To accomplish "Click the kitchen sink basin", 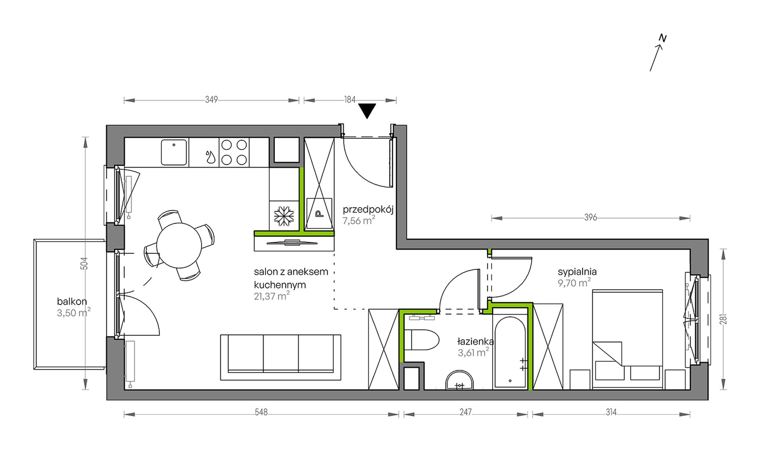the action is pos(174,152).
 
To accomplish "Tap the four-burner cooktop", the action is pos(234,152).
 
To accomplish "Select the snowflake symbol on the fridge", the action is pos(284,216).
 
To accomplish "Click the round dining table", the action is pos(179,245).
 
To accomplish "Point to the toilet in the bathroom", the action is pos(422,340).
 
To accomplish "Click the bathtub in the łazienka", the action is pos(510,352).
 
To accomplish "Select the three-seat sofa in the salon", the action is pos(280,357).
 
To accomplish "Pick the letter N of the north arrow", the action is pos(663,38).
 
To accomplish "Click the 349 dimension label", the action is pos(211,100).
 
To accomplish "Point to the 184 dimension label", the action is pos(350,100).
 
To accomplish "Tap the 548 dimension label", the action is pos(261,412).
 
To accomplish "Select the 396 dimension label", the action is pos(590,218).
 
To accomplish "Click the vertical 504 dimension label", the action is pos(84,263).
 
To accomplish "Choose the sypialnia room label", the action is pos(577,272).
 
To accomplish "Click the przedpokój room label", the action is pos(368,210).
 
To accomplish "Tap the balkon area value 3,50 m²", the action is pos(74,312).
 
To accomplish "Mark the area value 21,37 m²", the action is pos(272,296).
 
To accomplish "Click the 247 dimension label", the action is pos(466,412).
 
